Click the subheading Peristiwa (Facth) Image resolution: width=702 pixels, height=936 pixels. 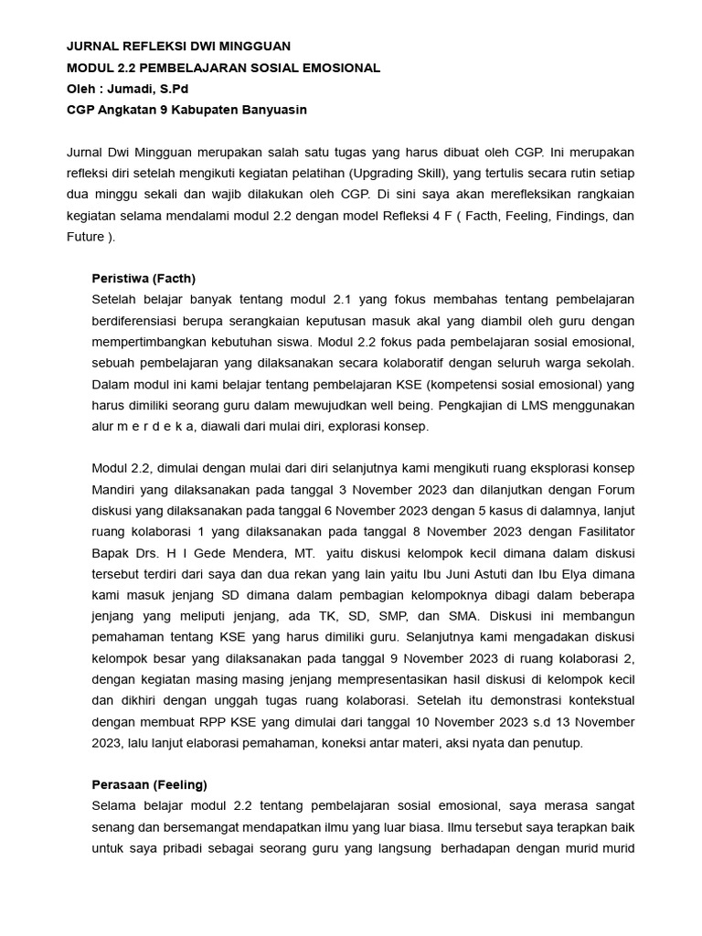click(x=144, y=279)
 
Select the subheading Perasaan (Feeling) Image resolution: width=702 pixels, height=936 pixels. click(x=149, y=784)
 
